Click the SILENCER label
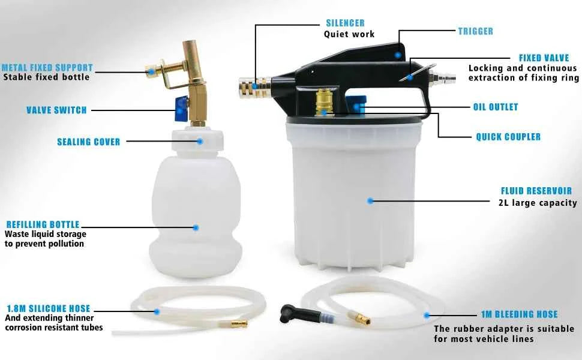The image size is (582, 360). [x=345, y=23]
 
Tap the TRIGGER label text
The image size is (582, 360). [x=475, y=31]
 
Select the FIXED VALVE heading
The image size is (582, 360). [x=544, y=58]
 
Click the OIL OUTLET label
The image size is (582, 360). [x=496, y=107]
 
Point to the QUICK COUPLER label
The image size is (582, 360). [x=508, y=137]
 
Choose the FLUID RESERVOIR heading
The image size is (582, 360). [x=536, y=191]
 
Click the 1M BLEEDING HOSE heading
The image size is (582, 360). [x=520, y=314]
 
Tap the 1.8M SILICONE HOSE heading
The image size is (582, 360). [x=49, y=308]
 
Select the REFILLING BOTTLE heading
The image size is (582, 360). [x=43, y=224]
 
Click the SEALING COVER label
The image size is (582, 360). [x=89, y=142]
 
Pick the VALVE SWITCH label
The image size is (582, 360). [x=56, y=110]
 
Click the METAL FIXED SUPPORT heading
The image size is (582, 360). [x=47, y=68]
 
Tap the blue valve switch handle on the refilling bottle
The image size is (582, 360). [x=181, y=109]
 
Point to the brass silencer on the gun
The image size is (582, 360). [x=254, y=88]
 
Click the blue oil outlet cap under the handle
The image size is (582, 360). [x=356, y=104]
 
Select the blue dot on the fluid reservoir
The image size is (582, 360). [x=370, y=201]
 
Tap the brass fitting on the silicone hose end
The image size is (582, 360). [x=239, y=324]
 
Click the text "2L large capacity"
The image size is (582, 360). [x=538, y=203]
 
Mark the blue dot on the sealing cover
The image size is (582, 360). [x=200, y=141]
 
